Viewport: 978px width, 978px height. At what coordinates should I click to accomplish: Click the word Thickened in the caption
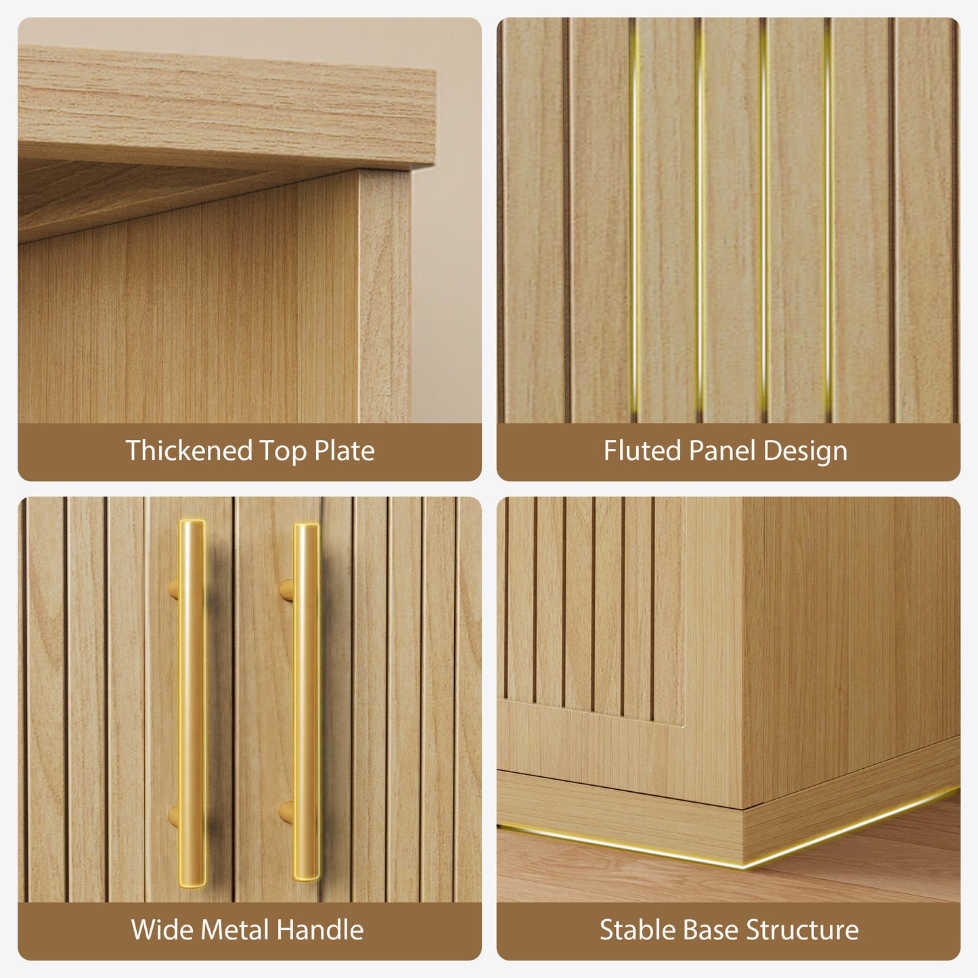coord(188,451)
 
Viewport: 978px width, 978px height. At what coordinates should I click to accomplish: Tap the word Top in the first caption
coord(282,451)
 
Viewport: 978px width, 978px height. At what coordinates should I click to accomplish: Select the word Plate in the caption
coord(344,451)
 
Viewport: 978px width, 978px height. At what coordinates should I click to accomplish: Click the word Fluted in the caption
coord(642,451)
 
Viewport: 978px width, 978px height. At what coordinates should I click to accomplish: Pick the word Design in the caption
coord(805,451)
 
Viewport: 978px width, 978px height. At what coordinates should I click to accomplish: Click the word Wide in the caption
coord(162,930)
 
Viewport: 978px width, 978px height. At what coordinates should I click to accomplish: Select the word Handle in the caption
coord(319,930)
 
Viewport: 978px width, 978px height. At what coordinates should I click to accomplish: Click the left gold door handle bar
coord(192,703)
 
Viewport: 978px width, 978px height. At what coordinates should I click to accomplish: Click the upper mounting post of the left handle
coord(173,590)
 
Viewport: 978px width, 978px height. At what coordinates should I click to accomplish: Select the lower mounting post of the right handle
coord(287,812)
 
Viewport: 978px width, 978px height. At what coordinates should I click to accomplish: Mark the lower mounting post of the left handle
coord(173,816)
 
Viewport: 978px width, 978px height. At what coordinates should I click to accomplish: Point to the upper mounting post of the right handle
coord(287,590)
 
